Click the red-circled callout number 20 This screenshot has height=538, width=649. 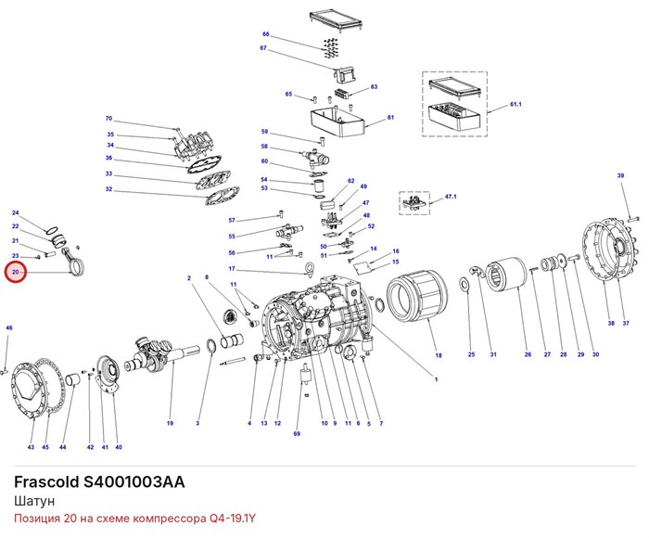click(x=16, y=272)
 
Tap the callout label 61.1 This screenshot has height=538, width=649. click(x=515, y=105)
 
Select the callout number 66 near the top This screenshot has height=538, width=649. click(x=266, y=34)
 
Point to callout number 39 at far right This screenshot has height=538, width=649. click(x=620, y=175)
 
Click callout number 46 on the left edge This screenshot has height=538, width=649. click(x=9, y=328)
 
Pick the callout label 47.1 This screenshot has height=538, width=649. click(x=451, y=197)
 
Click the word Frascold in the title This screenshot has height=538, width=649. click(x=46, y=482)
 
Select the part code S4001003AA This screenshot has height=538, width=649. click(x=134, y=482)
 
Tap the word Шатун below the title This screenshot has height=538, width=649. click(x=34, y=501)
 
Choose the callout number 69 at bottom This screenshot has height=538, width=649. click(x=297, y=434)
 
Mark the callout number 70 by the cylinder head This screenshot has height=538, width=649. click(x=108, y=119)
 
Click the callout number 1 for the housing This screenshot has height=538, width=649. click(x=436, y=379)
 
